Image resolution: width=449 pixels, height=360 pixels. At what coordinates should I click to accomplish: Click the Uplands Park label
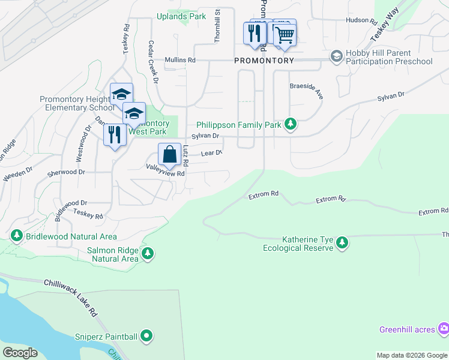coord(181,17)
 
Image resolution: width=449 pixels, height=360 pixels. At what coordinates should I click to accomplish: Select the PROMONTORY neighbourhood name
coord(264,61)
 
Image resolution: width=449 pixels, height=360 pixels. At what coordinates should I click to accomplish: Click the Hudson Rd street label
coord(360,20)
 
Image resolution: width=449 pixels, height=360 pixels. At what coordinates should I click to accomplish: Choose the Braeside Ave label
coord(307,91)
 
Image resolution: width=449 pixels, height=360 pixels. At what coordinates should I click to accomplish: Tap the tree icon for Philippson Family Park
coord(291,124)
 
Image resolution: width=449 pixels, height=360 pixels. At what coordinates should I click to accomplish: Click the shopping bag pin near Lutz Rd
coord(169,154)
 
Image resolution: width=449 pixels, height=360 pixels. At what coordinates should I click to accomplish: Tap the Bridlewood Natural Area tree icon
coord(16,236)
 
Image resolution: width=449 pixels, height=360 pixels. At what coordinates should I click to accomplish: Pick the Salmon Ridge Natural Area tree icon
coord(147,254)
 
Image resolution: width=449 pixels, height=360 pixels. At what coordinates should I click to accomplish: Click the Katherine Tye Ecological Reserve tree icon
coord(342,243)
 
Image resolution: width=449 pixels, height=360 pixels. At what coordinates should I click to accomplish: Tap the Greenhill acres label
coord(408,329)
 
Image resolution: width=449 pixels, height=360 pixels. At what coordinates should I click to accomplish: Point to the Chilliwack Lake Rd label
coord(70,298)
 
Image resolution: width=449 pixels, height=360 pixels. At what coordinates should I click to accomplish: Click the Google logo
coord(20,353)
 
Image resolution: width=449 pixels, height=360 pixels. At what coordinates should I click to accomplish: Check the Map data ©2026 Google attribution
coord(411,355)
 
